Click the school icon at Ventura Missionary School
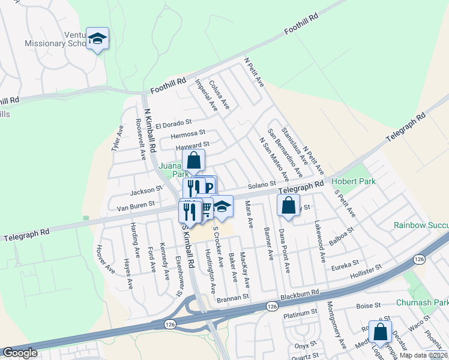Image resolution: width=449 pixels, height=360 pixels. coord(97,39)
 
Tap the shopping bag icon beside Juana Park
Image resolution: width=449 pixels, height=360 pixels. coord(193,161)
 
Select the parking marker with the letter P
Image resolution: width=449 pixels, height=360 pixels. coord(208,187)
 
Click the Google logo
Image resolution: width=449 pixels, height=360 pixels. coord(20,353)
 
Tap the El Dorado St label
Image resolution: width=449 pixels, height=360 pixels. coord(173,125)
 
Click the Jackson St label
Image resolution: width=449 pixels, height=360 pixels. coord(147,191)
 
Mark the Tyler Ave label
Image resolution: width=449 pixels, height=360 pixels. coord(116,138)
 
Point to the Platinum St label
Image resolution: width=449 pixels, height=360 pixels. coord(300,313)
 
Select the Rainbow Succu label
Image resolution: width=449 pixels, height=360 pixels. coord(421,225)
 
